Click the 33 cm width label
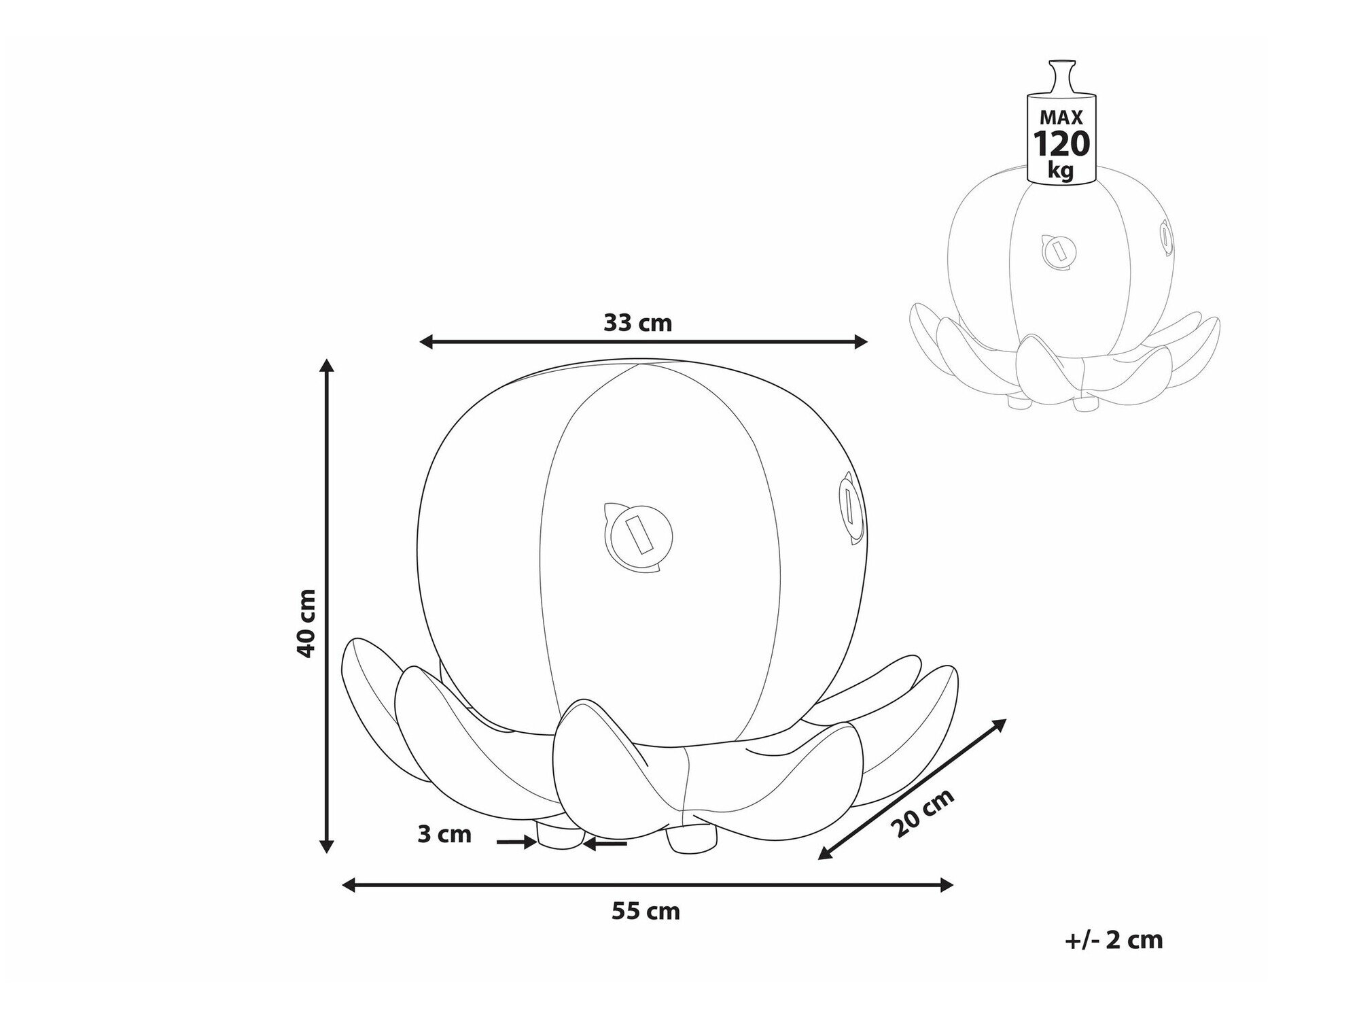pyautogui.click(x=637, y=323)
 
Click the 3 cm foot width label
pyautogui.click(x=444, y=834)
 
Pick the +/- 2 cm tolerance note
pyautogui.click(x=1114, y=939)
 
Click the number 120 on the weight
pyautogui.click(x=1061, y=143)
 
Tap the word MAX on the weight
pyautogui.click(x=1061, y=118)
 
